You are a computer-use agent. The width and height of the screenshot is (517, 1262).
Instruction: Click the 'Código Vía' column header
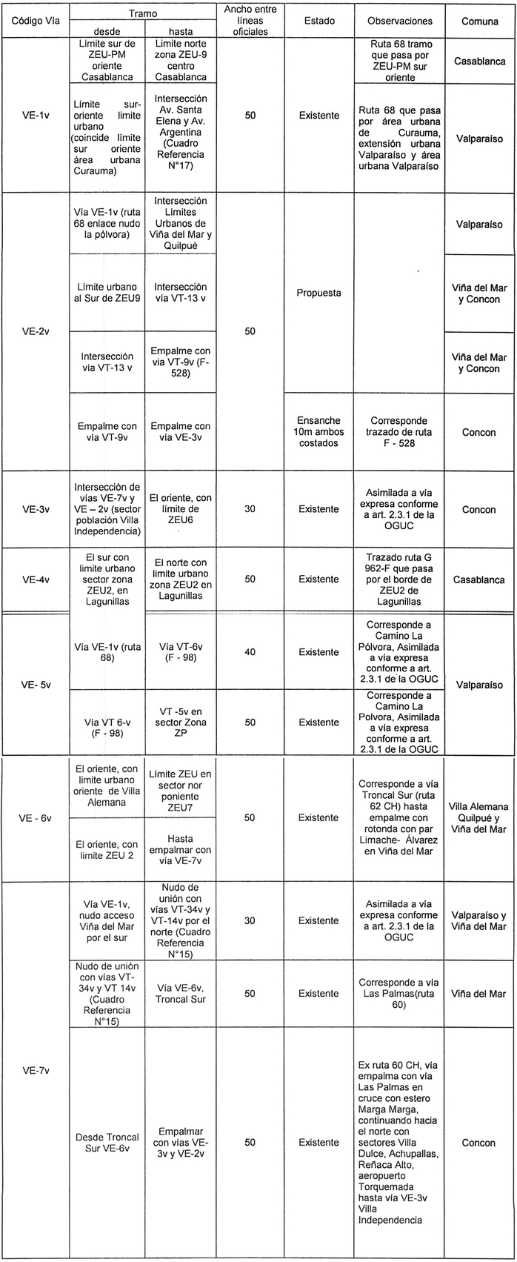tap(34, 21)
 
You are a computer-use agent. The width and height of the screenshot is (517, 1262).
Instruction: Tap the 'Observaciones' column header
tap(400, 21)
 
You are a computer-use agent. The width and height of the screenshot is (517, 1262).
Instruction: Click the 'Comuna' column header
tap(479, 21)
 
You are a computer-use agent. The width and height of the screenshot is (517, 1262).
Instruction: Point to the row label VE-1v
tap(35, 116)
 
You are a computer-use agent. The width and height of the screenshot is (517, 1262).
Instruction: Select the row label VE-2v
tap(35, 331)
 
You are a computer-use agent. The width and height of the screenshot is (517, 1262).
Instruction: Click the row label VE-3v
tap(35, 510)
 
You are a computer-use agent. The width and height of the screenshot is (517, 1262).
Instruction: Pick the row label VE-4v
tap(35, 579)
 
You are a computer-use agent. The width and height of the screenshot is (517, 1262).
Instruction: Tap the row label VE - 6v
tap(35, 818)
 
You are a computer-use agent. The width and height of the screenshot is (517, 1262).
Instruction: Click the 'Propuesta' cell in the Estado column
tap(318, 293)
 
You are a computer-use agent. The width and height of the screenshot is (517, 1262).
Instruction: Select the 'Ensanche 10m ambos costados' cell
tap(318, 432)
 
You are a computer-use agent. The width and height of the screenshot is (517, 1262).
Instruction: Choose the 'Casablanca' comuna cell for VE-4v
tap(479, 579)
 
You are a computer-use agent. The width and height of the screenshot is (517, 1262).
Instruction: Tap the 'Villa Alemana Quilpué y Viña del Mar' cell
tap(479, 818)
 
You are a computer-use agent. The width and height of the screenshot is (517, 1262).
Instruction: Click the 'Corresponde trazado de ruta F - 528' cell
tap(400, 432)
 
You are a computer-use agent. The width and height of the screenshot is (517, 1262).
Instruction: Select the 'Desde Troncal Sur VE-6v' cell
tap(108, 1143)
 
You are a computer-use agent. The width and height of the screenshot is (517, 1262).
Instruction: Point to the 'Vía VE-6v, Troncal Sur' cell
tap(180, 994)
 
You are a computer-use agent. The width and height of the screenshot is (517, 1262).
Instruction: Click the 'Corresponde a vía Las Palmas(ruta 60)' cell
tap(400, 994)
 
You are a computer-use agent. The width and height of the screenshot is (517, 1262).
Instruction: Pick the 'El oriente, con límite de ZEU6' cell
tap(180, 510)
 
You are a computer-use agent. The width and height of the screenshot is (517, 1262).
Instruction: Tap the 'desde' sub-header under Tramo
tap(108, 32)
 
